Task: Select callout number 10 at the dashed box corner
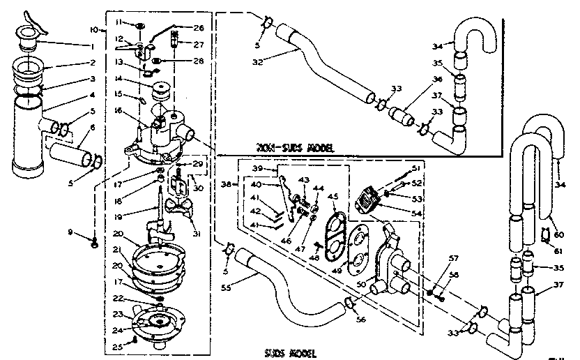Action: [95, 30]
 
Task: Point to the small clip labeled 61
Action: [546, 233]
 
